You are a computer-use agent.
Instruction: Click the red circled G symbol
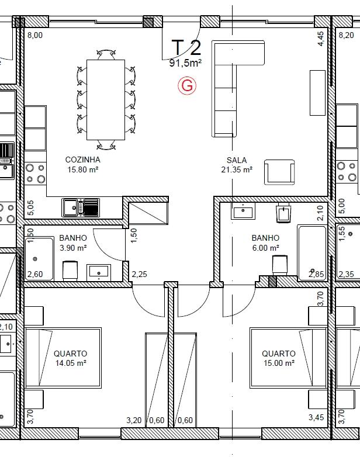[187, 86]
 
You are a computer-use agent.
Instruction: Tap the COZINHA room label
[83, 160]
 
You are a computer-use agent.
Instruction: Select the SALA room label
[237, 160]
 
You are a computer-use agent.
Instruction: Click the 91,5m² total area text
[186, 63]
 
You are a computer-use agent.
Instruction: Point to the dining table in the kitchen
[106, 100]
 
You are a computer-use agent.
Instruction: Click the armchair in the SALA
[279, 172]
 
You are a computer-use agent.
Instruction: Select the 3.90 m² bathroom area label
[73, 248]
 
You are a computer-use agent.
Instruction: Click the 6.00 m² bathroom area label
[265, 248]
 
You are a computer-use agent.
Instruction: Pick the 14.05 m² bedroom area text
[71, 363]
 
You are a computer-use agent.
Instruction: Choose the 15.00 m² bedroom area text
[279, 363]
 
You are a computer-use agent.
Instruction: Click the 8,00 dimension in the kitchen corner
[35, 35]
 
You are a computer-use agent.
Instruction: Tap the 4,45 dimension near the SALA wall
[320, 39]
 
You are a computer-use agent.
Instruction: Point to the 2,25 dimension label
[139, 274]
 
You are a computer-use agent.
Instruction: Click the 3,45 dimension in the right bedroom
[316, 417]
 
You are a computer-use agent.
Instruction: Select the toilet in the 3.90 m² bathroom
[70, 271]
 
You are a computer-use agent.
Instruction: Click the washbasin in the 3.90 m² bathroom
[99, 272]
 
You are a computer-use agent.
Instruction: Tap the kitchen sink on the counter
[81, 207]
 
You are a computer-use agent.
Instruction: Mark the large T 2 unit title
[186, 47]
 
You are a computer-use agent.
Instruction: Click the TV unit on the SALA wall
[317, 93]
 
